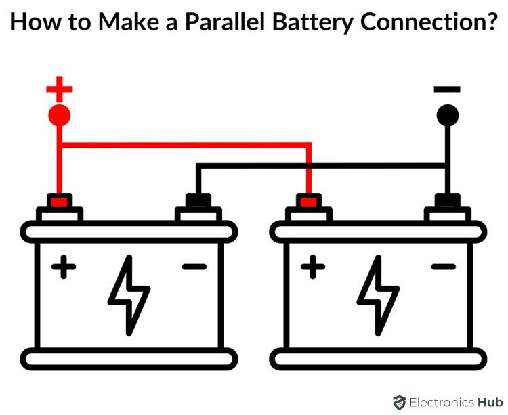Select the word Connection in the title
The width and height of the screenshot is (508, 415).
420,22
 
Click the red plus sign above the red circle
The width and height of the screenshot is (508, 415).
60,87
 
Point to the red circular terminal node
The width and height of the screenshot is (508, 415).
60,115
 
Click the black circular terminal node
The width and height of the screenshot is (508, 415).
447,115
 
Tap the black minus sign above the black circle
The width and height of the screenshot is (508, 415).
447,89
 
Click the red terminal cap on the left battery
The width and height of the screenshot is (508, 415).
60,201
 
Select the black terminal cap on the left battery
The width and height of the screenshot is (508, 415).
198,201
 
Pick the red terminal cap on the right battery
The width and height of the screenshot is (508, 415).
309,201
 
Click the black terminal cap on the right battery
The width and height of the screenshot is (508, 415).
447,201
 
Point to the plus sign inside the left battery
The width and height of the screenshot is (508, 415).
64,267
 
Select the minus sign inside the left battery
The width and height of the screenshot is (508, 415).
194,267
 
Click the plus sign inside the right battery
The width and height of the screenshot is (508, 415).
313,267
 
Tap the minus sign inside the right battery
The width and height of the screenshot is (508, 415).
444,267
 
